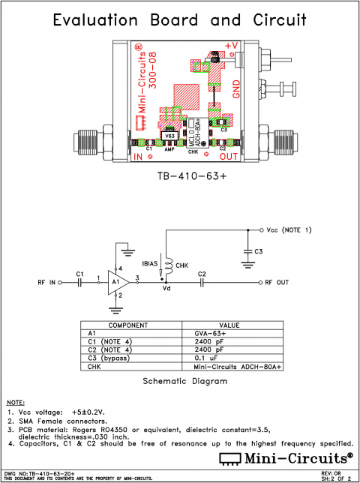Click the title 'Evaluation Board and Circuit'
coord(179,21)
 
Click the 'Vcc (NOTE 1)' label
coord(289,229)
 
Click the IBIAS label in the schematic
coord(150,265)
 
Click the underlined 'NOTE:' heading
coord(15,403)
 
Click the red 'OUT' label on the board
coord(228,157)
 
